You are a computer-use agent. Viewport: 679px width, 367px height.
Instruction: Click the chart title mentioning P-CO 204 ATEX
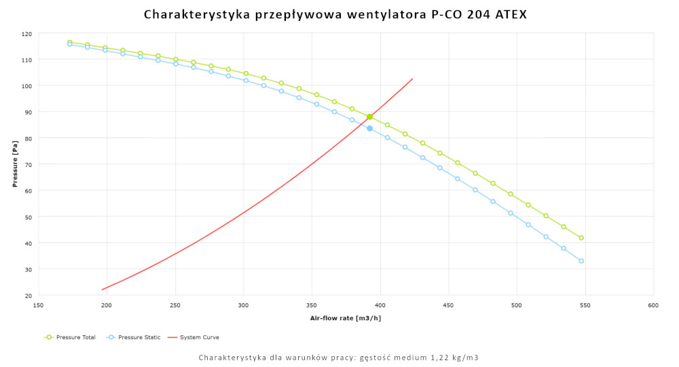pos(335,14)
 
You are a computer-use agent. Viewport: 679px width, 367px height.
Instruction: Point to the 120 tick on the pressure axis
pos(26,34)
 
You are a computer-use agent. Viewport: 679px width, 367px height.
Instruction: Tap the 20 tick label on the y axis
pos(28,296)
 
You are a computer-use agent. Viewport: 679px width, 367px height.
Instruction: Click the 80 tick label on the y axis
pos(28,138)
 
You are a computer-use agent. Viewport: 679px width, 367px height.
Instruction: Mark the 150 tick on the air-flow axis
pos(39,306)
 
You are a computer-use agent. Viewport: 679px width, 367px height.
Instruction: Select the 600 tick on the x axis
pos(653,306)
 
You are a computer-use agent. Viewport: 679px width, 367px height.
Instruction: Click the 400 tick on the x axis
pos(380,306)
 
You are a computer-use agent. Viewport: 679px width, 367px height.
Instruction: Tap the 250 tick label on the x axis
pos(175,306)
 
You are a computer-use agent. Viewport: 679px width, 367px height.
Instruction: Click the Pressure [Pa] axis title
pos(14,164)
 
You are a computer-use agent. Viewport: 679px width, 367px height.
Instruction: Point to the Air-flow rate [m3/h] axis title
pos(346,318)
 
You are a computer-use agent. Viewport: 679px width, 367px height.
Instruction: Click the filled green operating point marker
pos(369,117)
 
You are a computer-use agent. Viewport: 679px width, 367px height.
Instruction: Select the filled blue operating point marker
pos(369,128)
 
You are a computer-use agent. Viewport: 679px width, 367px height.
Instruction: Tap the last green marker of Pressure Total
pos(581,238)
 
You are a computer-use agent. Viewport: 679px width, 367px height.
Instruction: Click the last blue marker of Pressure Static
pos(581,261)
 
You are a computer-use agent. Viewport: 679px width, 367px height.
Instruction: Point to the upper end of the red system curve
pos(412,79)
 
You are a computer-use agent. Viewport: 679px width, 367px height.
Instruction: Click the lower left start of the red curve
pos(103,290)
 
